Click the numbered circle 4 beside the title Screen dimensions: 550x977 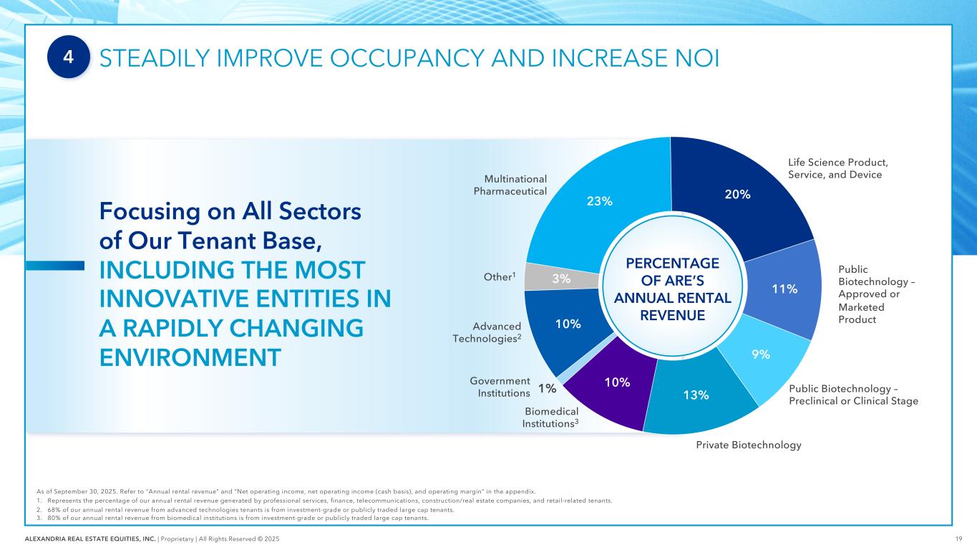click(69, 58)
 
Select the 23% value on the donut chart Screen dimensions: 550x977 click(599, 201)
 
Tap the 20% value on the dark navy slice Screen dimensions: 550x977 click(737, 194)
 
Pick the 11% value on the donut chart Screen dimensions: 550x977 click(784, 289)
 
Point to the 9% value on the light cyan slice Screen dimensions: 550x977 click(761, 354)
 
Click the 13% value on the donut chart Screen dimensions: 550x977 click(696, 395)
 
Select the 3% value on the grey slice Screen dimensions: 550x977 click(561, 279)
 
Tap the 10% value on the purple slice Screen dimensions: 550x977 click(617, 382)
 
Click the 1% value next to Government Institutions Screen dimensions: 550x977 click(548, 388)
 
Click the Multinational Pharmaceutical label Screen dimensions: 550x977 click(510, 185)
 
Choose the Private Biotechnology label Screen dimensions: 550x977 click(748, 445)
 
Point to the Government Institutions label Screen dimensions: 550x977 click(500, 387)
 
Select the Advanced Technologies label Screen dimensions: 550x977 click(485, 332)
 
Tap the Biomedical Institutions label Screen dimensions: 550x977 click(550, 418)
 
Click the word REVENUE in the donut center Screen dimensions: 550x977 click(672, 315)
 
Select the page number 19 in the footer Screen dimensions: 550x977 click(958, 538)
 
